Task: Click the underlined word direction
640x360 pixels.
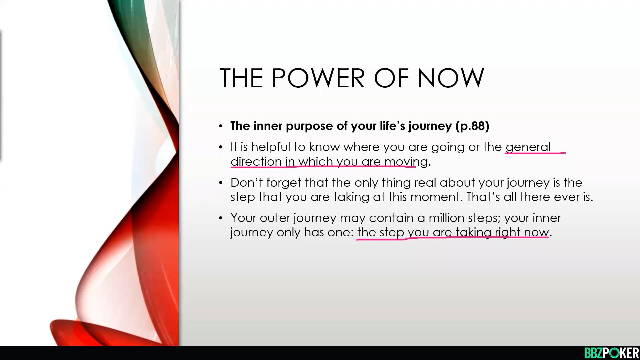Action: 256,162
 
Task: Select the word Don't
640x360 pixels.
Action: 246,183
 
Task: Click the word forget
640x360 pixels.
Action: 284,183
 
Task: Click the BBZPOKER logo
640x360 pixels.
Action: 612,353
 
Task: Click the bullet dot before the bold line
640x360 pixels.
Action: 221,126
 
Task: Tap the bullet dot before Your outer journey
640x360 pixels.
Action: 221,218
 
